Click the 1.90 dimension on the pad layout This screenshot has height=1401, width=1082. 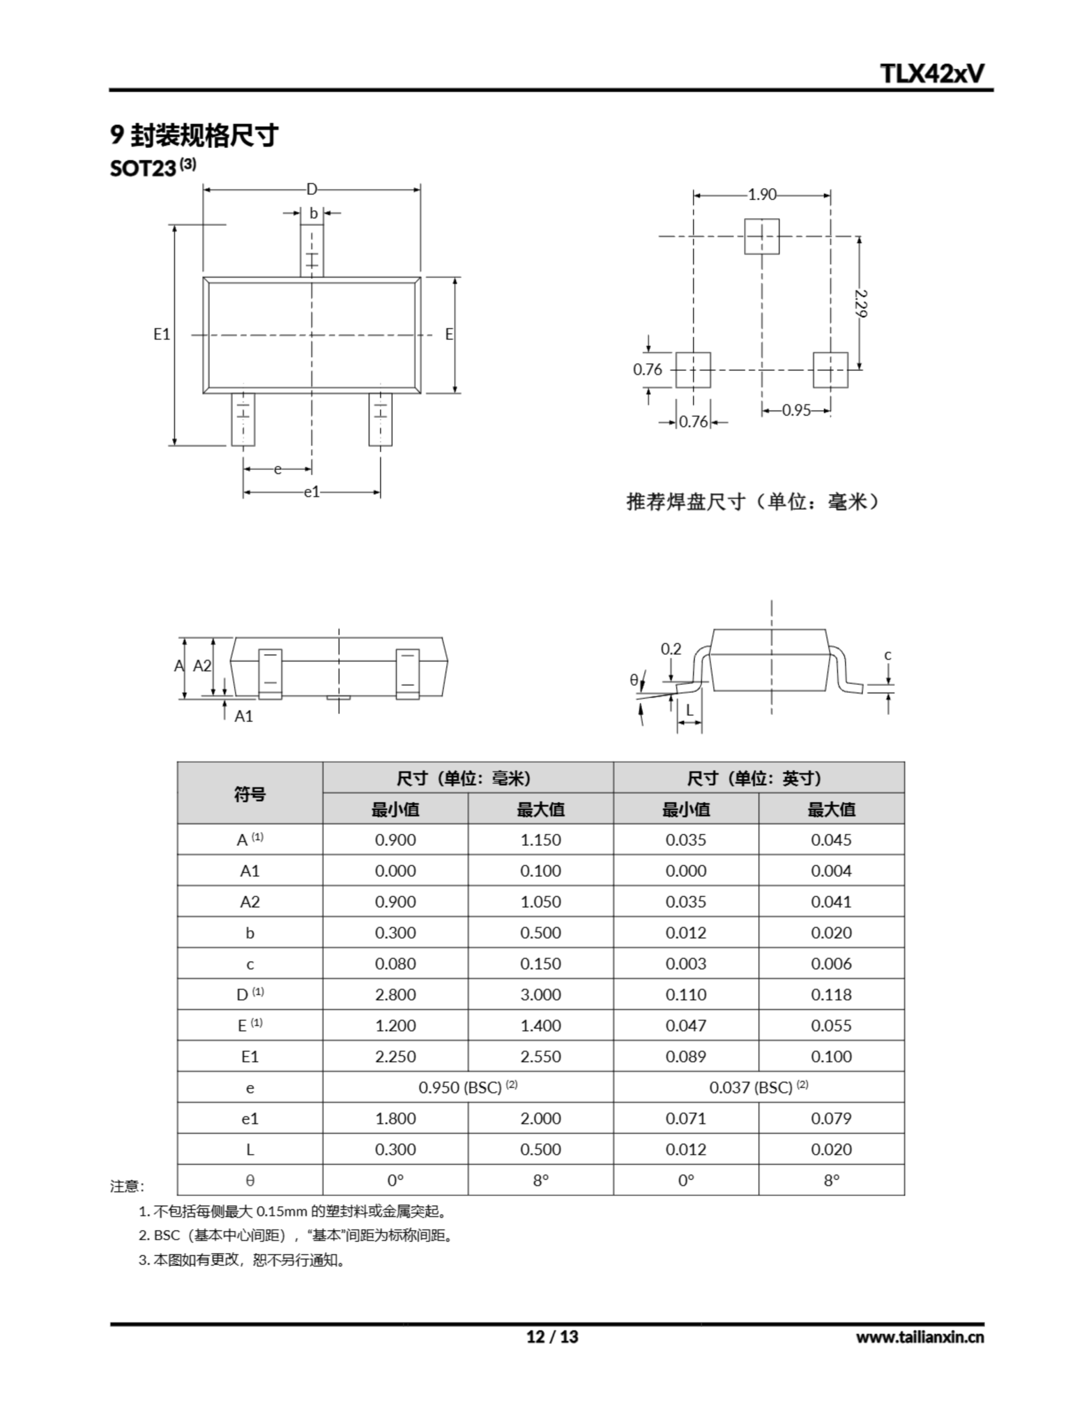762,194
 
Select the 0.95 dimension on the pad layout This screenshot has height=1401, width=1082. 796,410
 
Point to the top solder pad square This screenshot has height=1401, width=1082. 761,236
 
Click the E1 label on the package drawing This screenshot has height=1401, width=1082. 161,334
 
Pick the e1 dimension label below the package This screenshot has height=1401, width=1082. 312,492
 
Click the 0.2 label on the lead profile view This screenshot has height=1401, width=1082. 671,649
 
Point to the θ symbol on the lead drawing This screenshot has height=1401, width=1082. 633,680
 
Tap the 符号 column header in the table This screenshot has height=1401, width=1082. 249,794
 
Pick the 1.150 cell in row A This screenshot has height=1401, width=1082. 540,840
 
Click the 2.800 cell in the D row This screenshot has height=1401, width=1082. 395,994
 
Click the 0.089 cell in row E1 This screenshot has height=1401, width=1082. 685,1057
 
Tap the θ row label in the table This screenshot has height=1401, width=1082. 249,1180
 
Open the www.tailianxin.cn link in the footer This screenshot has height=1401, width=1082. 919,1336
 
